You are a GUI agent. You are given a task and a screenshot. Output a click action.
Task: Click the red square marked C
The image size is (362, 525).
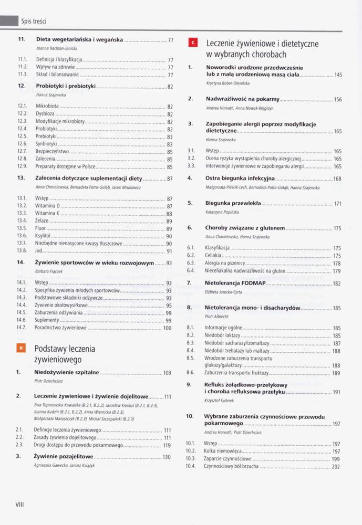(192, 44)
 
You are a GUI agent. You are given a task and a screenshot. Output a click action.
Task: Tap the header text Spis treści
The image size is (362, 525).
(34, 22)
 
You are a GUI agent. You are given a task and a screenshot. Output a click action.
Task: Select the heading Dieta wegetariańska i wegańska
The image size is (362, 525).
(79, 39)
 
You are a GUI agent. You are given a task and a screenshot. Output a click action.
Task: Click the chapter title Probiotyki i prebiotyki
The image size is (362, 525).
(66, 86)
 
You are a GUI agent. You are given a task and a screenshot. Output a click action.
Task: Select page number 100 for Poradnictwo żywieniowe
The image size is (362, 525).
(167, 328)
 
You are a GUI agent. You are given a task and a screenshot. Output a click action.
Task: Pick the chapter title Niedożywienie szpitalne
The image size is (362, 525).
(66, 372)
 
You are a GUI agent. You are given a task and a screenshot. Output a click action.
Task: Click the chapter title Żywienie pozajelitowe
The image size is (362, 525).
(64, 457)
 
